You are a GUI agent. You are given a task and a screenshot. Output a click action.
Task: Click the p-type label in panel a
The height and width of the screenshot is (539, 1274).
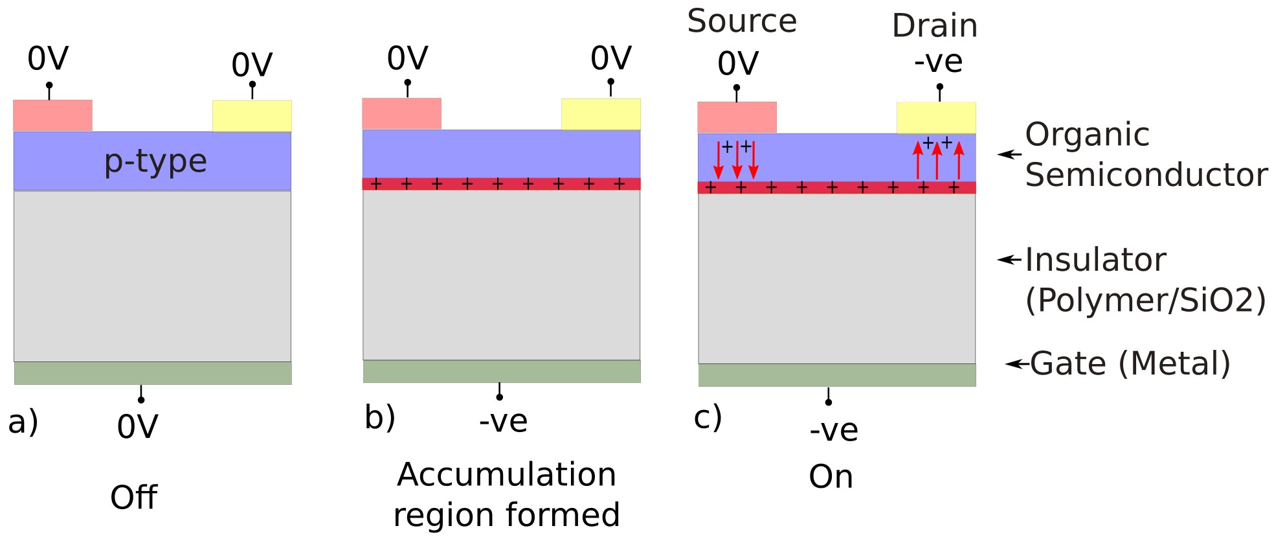(x=155, y=161)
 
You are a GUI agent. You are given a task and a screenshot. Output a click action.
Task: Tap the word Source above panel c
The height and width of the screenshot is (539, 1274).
(x=742, y=21)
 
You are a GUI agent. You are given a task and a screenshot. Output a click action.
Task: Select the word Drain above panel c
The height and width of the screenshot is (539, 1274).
(x=934, y=26)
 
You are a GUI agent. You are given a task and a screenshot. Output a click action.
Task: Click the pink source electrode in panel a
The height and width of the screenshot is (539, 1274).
(x=52, y=115)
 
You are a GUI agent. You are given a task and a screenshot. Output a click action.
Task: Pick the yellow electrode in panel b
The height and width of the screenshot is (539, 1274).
(x=601, y=114)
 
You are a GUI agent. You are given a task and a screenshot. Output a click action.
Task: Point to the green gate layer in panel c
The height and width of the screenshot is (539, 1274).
(x=836, y=375)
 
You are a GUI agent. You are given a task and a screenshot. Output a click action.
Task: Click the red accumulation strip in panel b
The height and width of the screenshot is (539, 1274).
(x=501, y=184)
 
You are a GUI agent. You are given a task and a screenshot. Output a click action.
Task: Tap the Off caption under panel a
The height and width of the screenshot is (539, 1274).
(x=133, y=498)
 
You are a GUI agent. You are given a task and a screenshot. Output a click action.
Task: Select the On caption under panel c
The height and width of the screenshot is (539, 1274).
(x=831, y=477)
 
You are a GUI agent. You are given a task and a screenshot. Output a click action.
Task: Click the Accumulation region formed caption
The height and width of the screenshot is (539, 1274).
(x=506, y=494)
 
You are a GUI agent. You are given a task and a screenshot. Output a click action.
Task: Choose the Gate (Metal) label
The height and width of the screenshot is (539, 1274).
(x=1130, y=363)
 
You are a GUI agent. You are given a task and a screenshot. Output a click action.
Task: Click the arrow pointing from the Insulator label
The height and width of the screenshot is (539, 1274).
(x=1009, y=260)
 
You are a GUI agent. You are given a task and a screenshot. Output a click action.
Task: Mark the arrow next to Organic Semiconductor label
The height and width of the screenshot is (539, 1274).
(x=1009, y=154)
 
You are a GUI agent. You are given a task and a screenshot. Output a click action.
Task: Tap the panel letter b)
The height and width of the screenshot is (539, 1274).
(x=380, y=417)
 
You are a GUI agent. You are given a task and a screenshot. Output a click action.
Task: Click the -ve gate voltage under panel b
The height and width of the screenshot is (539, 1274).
(x=503, y=421)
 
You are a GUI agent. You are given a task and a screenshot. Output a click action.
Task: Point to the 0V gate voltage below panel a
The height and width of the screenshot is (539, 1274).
(x=137, y=427)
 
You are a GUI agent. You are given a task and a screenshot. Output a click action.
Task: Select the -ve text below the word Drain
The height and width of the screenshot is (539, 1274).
(x=938, y=62)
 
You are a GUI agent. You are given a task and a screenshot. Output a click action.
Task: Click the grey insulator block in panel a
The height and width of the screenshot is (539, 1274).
(x=152, y=276)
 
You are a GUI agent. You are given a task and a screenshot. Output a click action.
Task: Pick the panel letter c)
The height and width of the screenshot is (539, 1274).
(x=708, y=417)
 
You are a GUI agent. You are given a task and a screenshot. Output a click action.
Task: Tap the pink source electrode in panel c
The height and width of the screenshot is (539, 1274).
(x=737, y=117)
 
